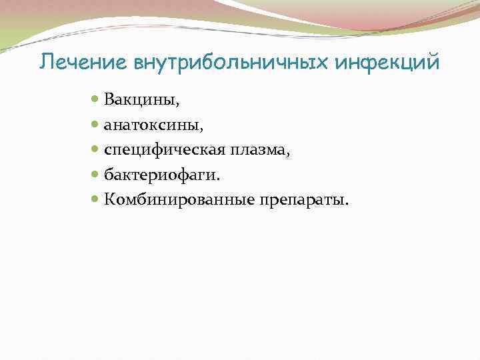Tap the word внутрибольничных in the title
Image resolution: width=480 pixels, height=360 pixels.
point(213,62)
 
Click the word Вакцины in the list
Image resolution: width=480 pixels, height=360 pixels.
point(139,100)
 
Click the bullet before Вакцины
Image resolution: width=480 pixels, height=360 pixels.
point(95,99)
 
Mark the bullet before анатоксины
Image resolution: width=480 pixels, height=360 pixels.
point(95,124)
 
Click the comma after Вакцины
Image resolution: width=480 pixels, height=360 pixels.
point(178,105)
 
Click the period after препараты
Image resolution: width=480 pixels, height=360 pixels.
point(346,203)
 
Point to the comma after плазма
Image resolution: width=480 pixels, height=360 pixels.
point(288,155)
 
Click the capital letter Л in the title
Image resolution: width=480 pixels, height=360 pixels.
point(45,62)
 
